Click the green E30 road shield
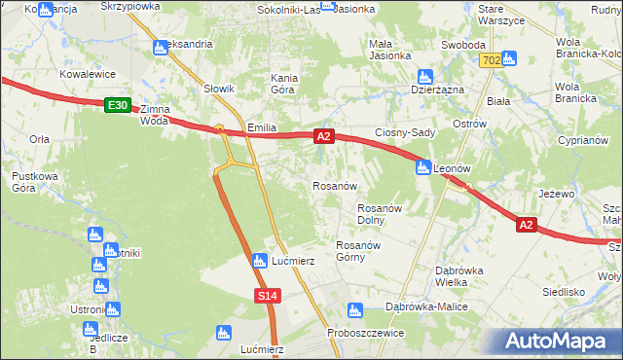pyautogui.click(x=117, y=104)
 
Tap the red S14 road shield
pyautogui.click(x=270, y=295)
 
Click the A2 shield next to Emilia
pyautogui.click(x=325, y=139)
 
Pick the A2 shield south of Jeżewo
pyautogui.click(x=526, y=225)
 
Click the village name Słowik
pyautogui.click(x=220, y=90)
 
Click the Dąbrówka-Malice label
pyautogui.click(x=427, y=306)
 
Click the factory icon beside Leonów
pyautogui.click(x=423, y=166)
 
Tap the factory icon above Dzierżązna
pyautogui.click(x=424, y=76)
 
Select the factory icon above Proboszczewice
pyautogui.click(x=354, y=309)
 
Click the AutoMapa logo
pyautogui.click(x=561, y=341)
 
